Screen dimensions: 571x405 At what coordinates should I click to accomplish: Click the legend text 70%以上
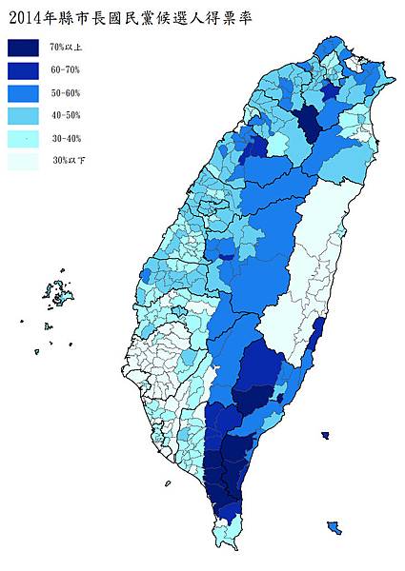[67, 48]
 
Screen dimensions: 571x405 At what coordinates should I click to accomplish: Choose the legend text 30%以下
[67, 162]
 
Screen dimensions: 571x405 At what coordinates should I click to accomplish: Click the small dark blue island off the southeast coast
[325, 436]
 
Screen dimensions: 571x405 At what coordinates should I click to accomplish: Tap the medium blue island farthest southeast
[334, 526]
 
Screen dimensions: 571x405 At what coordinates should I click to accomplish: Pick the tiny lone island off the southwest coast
[168, 483]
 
